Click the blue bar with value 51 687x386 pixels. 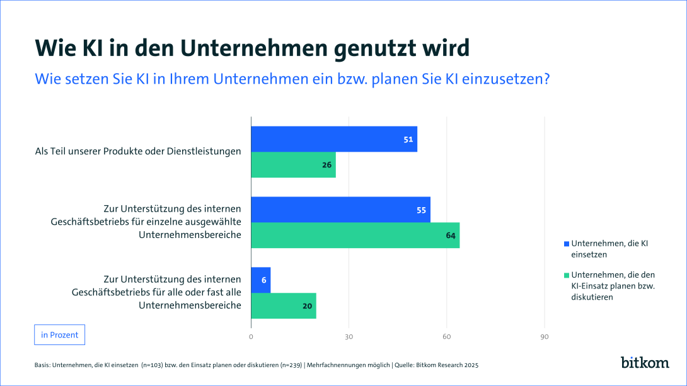tap(334, 139)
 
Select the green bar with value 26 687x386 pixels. tap(293, 165)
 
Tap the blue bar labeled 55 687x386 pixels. tap(340, 210)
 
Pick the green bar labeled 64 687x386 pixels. tap(355, 236)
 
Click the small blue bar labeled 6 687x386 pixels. tap(261, 280)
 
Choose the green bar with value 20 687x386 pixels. tap(284, 306)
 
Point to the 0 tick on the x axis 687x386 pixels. tap(251, 337)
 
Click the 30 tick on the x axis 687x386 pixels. tap(349, 337)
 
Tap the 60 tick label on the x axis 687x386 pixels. tap(447, 337)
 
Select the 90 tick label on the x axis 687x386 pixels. tap(545, 337)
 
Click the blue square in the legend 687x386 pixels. tap(566, 244)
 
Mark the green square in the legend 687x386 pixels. tap(566, 275)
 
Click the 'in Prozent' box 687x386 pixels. tap(59, 335)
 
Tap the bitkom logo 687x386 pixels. tap(644, 363)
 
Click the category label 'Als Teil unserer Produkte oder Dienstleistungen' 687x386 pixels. tap(138, 151)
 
